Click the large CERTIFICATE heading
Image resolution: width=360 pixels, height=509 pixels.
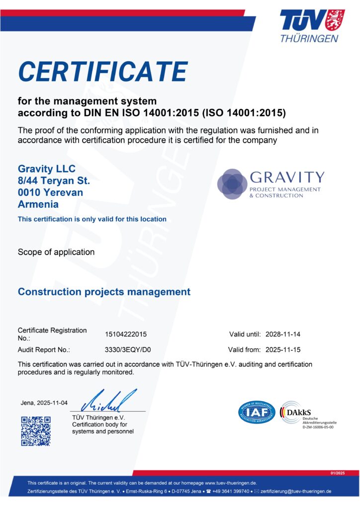coord(103,72)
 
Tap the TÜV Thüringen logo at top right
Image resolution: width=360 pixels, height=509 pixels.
coord(309,25)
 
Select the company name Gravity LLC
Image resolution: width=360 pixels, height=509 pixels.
coord(47,169)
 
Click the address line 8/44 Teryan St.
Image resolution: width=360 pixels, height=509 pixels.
coord(54,181)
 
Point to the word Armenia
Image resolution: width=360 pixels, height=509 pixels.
coord(38,204)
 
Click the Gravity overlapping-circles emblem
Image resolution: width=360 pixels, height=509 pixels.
coord(232,183)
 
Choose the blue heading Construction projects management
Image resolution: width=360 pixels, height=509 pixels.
coord(104,292)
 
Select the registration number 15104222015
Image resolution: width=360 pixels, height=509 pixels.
coord(126,335)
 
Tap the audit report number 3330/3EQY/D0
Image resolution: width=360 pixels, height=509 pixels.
coord(128,349)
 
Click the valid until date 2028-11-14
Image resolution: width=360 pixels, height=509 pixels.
coord(283,334)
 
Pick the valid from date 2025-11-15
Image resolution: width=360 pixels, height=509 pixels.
coord(283,349)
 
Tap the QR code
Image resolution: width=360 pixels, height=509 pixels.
coord(36,430)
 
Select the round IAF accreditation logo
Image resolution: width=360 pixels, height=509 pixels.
coord(257,413)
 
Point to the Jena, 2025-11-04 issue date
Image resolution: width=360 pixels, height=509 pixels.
coord(44,403)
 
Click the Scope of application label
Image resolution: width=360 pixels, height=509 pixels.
coord(56,252)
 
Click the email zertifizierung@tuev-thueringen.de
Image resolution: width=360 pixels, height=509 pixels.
coord(296,491)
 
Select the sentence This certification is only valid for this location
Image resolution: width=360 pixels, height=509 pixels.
coord(92,219)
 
